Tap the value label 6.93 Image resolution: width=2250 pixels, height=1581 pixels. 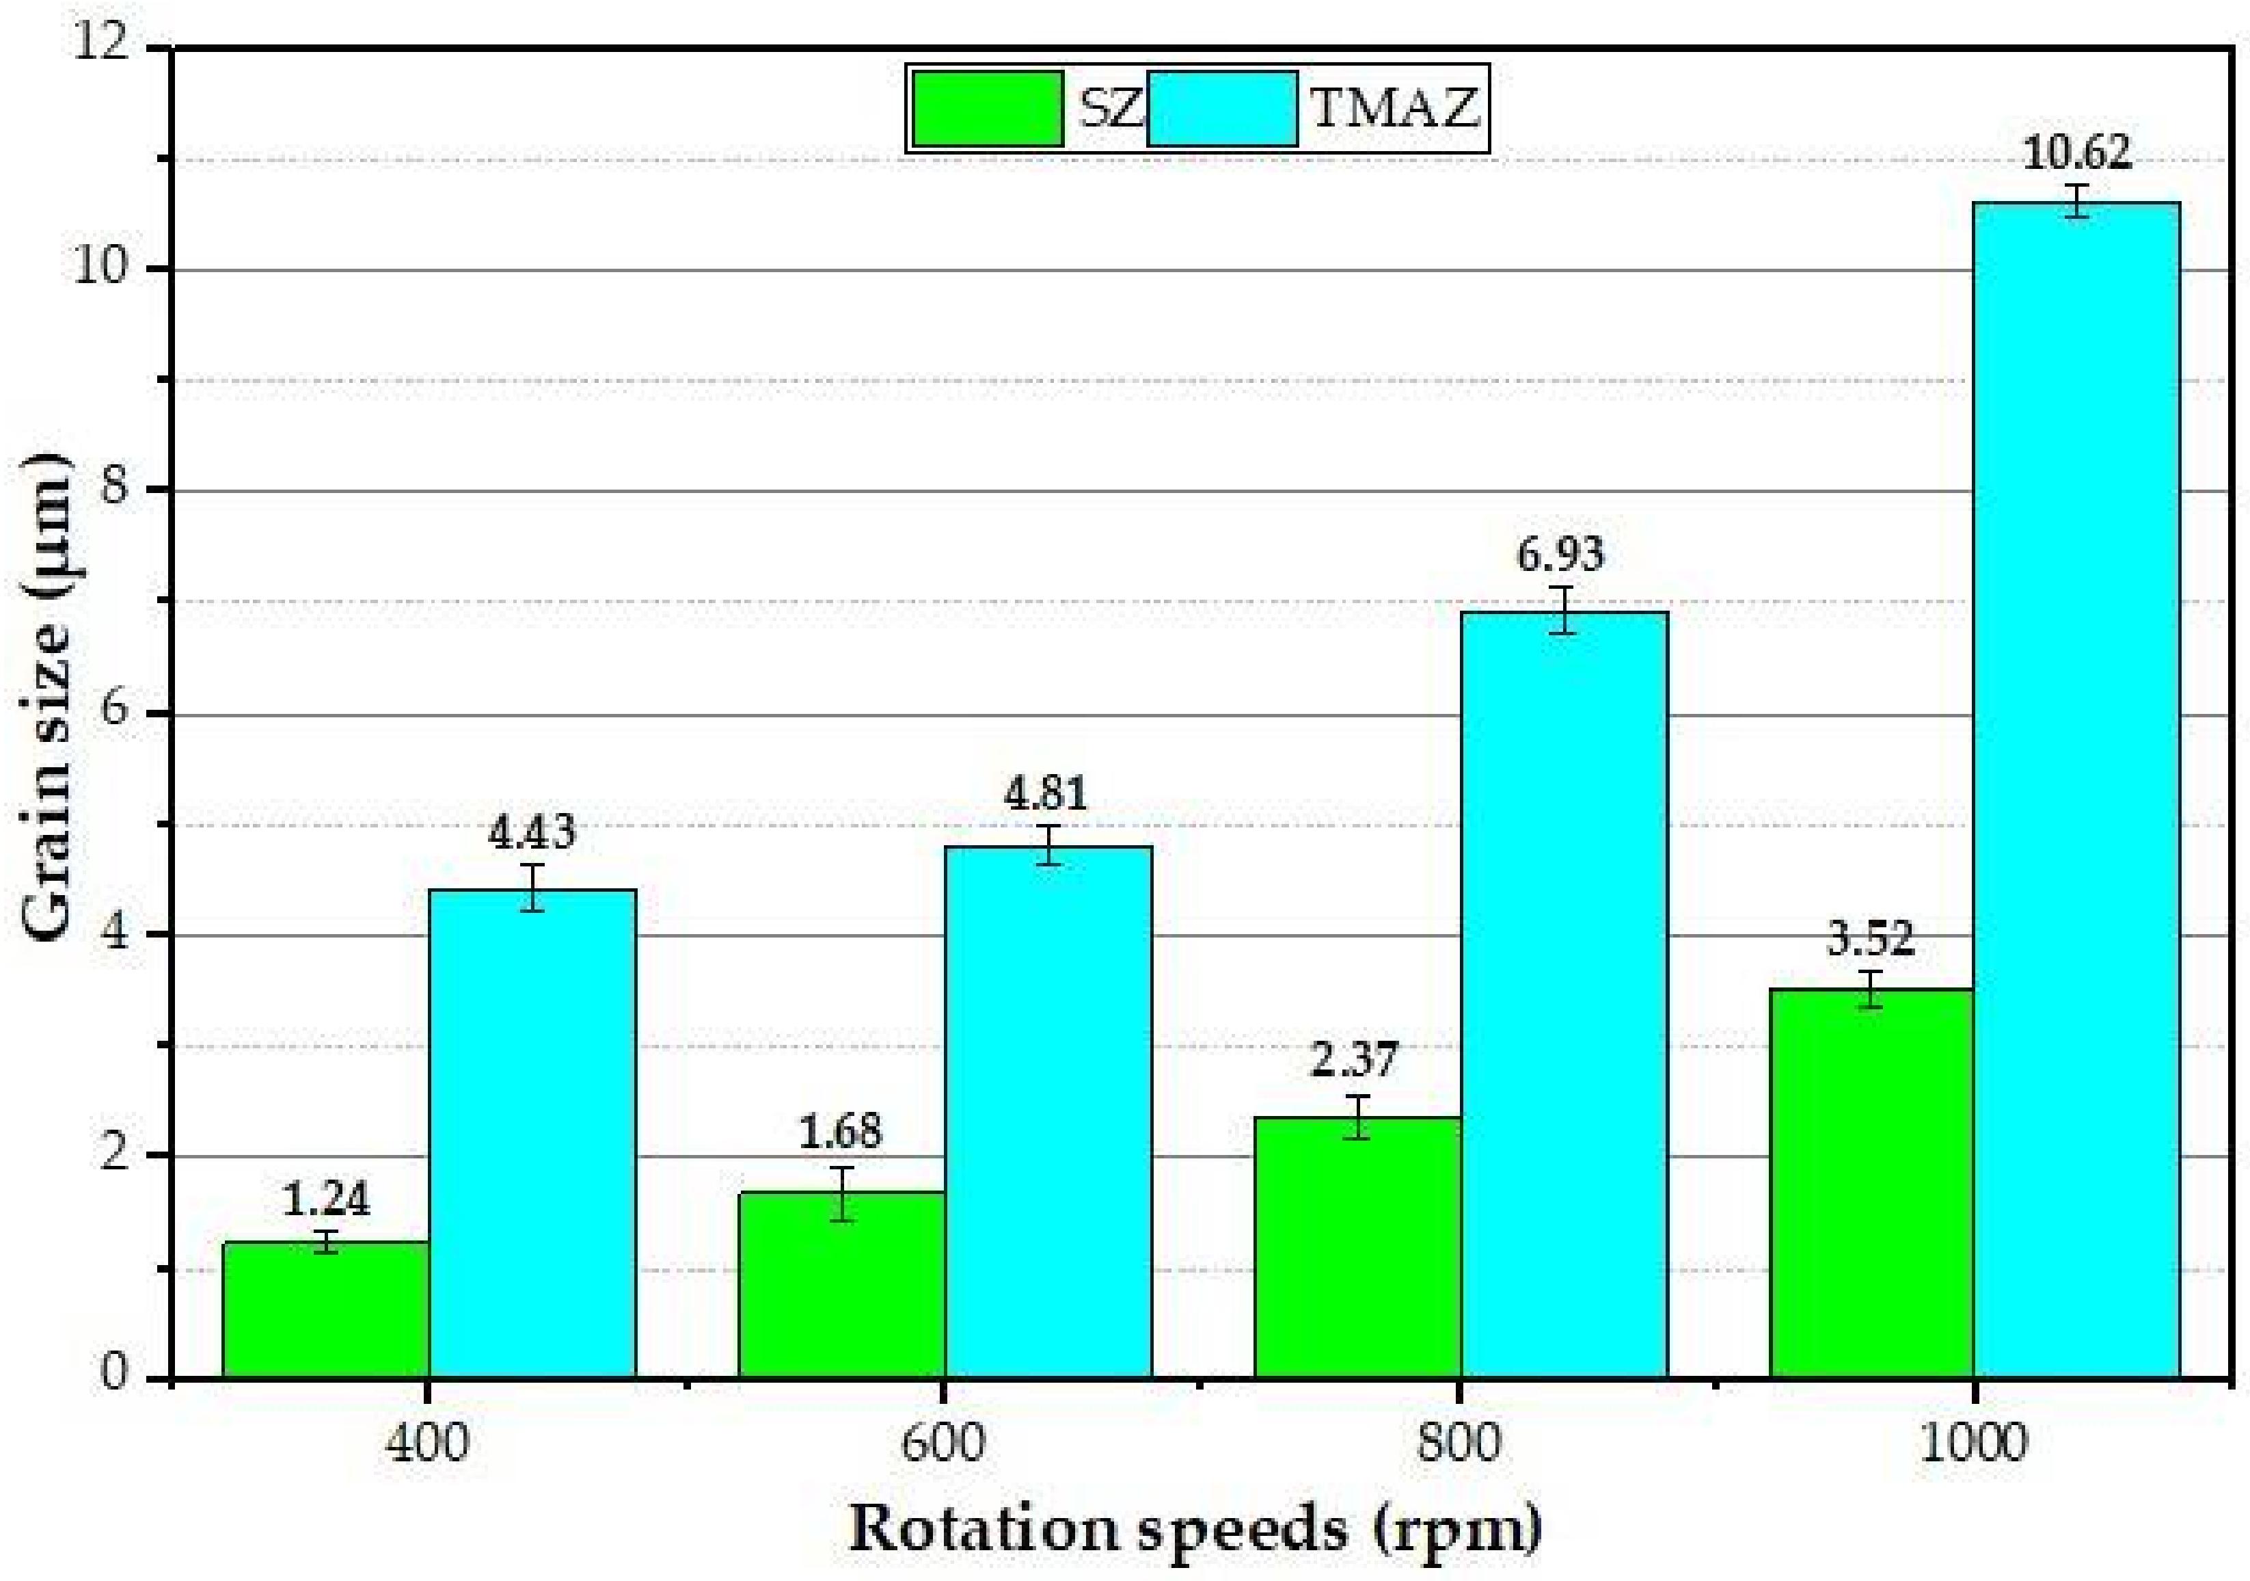[x=1561, y=555]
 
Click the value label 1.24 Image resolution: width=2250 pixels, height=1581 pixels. [x=326, y=1199]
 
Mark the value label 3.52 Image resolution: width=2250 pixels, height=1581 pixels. [x=1870, y=939]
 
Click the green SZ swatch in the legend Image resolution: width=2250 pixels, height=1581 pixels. [x=988, y=109]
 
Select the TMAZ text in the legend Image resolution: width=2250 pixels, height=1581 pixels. [x=1394, y=109]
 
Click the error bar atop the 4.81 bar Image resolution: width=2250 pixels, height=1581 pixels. [x=1048, y=845]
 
